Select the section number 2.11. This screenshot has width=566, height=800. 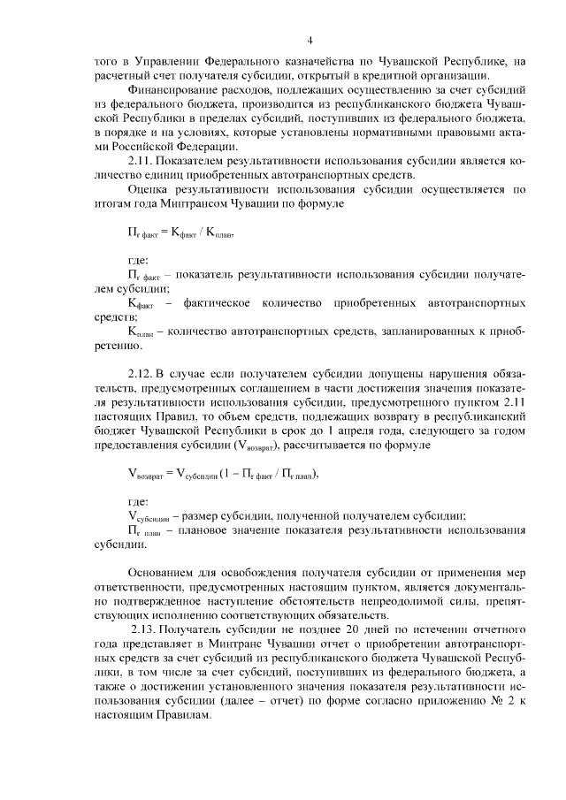click(142, 162)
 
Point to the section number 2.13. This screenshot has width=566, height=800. click(146, 629)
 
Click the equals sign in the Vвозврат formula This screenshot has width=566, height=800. click(170, 474)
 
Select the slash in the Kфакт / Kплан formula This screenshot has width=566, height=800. click(200, 235)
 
